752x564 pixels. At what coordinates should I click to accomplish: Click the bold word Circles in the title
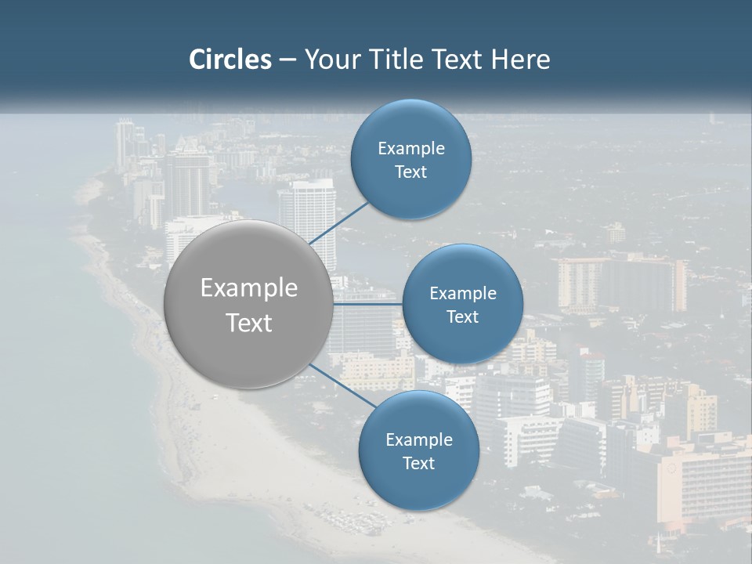coord(230,60)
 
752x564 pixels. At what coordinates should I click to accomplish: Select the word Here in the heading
coord(521,60)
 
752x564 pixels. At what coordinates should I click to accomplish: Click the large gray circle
coord(248,305)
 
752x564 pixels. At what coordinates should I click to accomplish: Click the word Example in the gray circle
coord(249,288)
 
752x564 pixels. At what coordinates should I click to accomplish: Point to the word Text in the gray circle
coord(249,323)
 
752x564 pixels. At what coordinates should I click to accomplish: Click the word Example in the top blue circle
coord(411,148)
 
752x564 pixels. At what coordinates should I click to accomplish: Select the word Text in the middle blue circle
coord(462,316)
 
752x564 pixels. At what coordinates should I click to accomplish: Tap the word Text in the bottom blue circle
coord(418,463)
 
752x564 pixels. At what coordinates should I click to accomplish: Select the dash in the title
coord(287,60)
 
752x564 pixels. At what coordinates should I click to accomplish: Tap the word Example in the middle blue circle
coord(462,293)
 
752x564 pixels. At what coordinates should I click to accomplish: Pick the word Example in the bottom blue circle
coord(418,439)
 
